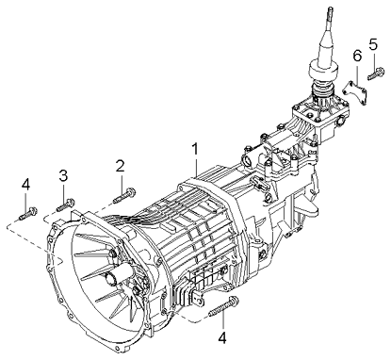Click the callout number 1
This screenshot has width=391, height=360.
(195, 148)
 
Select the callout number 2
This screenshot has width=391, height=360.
(120, 167)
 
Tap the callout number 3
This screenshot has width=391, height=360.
(63, 174)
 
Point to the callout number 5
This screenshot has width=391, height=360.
(374, 43)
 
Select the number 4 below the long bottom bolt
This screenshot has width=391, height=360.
(223, 336)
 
